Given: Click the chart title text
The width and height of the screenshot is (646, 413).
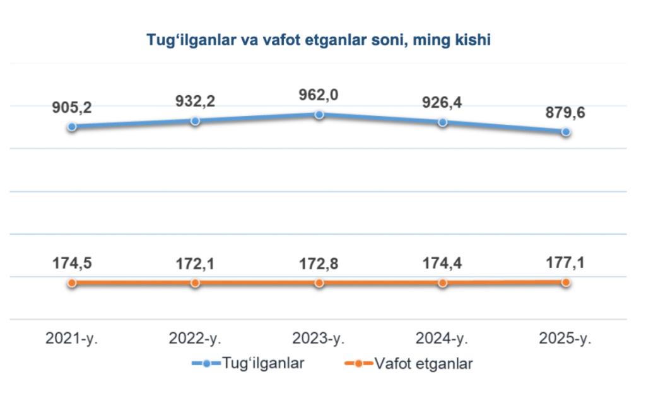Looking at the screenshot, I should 319,40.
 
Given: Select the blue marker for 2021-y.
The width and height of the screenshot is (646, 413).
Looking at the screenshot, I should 72,126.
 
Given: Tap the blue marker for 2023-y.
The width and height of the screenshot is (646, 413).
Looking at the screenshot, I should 319,114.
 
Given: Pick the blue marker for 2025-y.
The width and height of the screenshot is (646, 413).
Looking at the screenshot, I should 567,132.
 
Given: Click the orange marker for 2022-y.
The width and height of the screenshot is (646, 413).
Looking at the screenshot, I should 196,282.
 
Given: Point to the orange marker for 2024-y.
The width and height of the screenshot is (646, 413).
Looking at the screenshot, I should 443,282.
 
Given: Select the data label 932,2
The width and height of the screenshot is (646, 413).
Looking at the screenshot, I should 196,101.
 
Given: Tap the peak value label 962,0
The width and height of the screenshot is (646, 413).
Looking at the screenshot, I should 319,95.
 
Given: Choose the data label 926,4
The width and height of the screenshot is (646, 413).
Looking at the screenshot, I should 443,103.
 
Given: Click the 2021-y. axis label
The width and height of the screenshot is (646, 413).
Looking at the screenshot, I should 72,339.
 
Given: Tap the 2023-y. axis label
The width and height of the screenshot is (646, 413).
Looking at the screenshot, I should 319,339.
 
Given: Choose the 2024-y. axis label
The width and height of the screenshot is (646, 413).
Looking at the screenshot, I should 443,339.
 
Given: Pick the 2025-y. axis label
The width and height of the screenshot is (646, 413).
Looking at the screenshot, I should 567,339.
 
